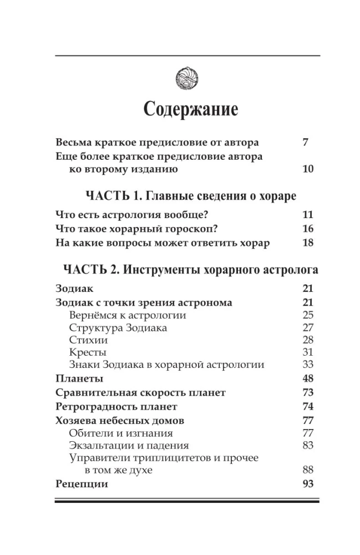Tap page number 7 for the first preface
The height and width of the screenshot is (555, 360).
[306, 142]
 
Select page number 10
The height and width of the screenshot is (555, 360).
[308, 169]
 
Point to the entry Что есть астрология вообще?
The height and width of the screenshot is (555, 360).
[135, 215]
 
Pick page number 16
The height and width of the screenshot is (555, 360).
[308, 229]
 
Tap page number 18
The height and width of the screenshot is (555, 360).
[308, 243]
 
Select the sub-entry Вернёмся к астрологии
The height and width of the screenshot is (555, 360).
[128, 315]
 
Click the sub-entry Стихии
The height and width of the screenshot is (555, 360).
[89, 340]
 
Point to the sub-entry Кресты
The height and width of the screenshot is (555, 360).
[88, 352]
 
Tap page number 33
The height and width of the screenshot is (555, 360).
[308, 365]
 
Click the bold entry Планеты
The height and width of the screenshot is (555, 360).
[80, 379]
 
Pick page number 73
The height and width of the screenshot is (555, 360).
[308, 393]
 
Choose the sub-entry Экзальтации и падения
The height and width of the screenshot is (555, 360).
[129, 445]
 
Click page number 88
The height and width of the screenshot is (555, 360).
[308, 470]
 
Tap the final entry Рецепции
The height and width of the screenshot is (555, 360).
[82, 484]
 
